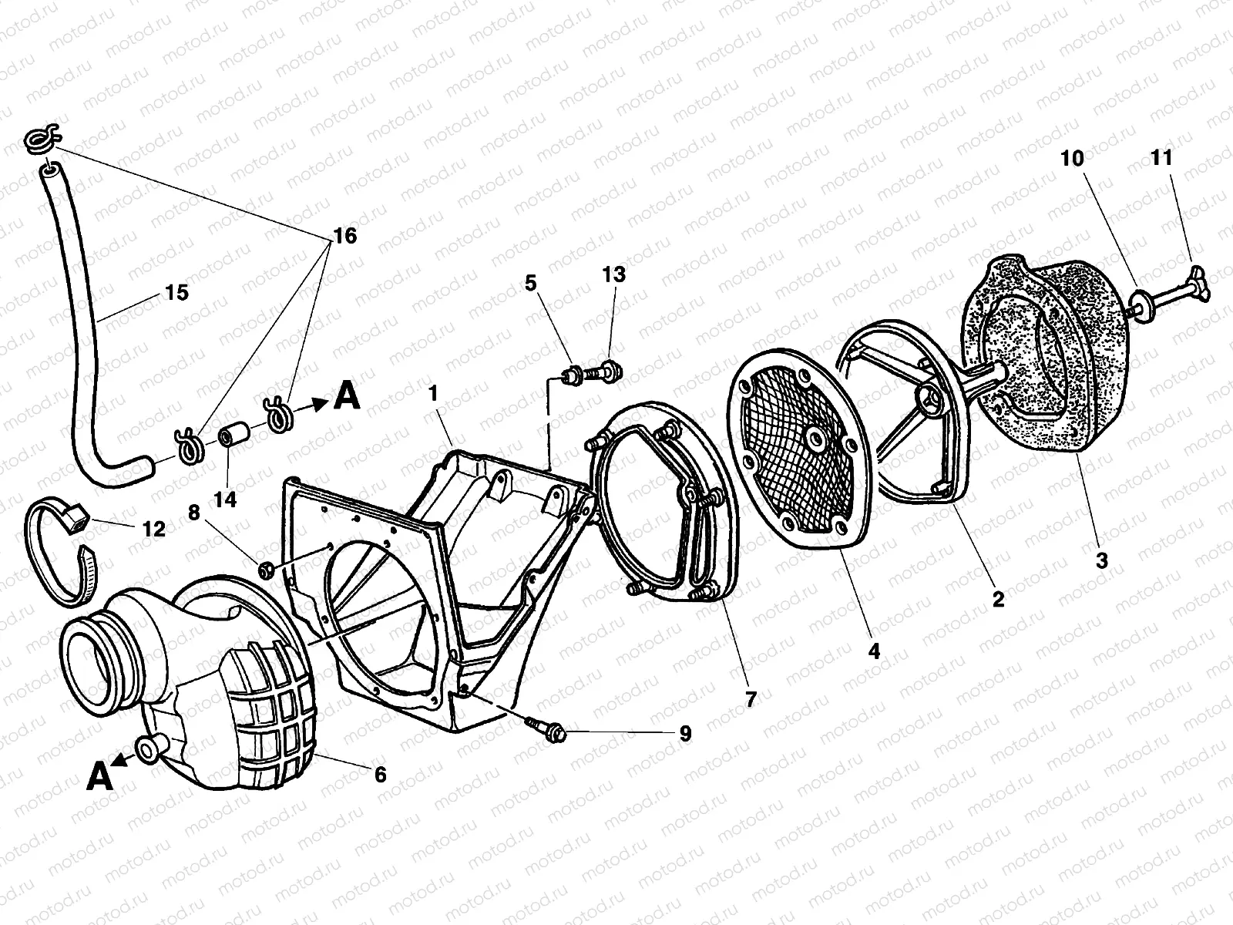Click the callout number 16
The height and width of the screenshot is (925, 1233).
pyautogui.click(x=345, y=236)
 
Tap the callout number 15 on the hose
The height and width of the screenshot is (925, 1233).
pyautogui.click(x=176, y=293)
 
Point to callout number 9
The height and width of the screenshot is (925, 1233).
pyautogui.click(x=684, y=733)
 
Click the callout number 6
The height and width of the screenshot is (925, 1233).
pyautogui.click(x=380, y=773)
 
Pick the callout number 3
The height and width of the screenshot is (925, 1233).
pyautogui.click(x=1101, y=560)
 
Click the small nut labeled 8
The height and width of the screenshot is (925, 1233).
pyautogui.click(x=267, y=570)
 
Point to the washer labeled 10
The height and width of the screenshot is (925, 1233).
pyautogui.click(x=1141, y=304)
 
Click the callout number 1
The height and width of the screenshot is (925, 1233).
pyautogui.click(x=433, y=394)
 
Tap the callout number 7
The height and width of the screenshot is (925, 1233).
pyautogui.click(x=751, y=699)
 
